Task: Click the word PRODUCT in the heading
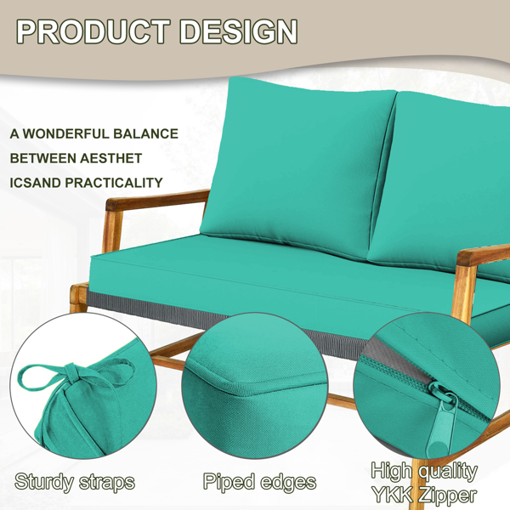pyautogui.click(x=93, y=31)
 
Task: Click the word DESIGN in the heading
pyautogui.click(x=239, y=31)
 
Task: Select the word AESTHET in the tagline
pyautogui.click(x=110, y=158)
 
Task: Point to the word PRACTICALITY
pyautogui.click(x=114, y=183)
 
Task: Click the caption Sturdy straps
pyautogui.click(x=75, y=482)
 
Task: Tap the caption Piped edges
pyautogui.click(x=259, y=482)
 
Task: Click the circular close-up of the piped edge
pyautogui.click(x=254, y=385)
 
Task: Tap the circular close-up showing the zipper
pyautogui.click(x=426, y=386)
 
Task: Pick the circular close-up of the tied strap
pyautogui.click(x=83, y=386)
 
